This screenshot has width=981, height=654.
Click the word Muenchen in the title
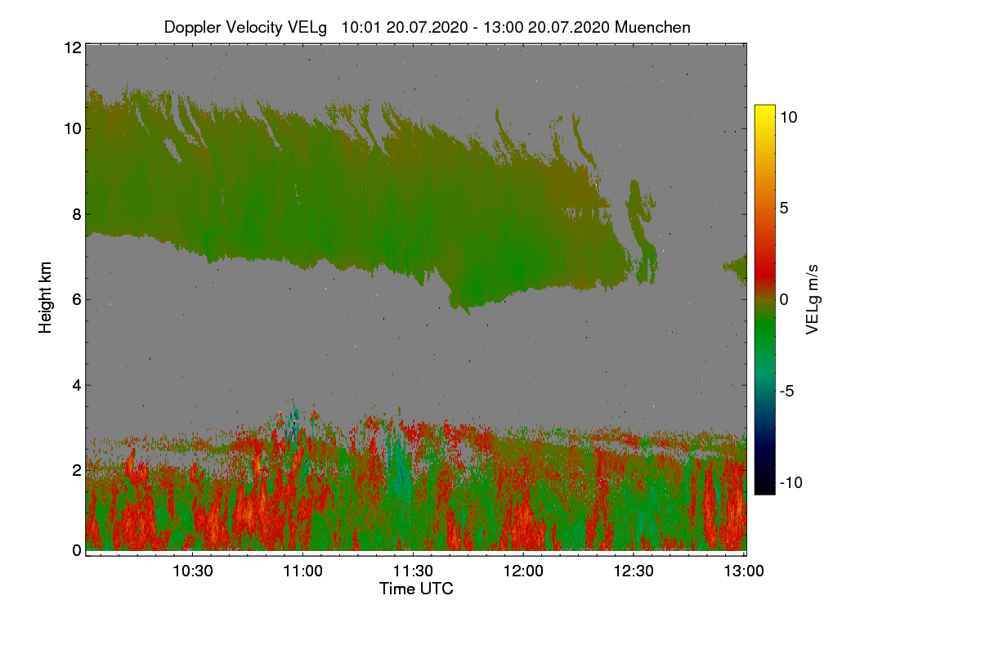pyautogui.click(x=652, y=27)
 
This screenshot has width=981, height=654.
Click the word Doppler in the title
pyautogui.click(x=193, y=27)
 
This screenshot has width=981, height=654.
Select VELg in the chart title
pyautogui.click(x=307, y=27)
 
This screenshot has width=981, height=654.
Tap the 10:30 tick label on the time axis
pyautogui.click(x=193, y=571)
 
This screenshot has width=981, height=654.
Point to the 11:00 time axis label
pyautogui.click(x=303, y=571)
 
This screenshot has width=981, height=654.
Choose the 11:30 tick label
pyautogui.click(x=414, y=571)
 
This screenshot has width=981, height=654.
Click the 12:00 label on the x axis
pyautogui.click(x=523, y=571)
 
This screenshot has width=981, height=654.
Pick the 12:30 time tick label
pyautogui.click(x=634, y=571)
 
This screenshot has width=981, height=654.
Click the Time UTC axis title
pyautogui.click(x=416, y=589)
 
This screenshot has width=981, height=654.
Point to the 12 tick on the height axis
pyautogui.click(x=72, y=47)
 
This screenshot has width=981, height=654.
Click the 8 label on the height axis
pyautogui.click(x=76, y=215)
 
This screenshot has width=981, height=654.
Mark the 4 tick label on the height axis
pyautogui.click(x=76, y=384)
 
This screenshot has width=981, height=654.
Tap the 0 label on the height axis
pyautogui.click(x=76, y=550)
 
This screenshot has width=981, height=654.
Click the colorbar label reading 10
pyautogui.click(x=788, y=117)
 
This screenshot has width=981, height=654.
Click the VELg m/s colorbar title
pyautogui.click(x=813, y=299)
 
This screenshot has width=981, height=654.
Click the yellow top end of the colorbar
pyautogui.click(x=764, y=110)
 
